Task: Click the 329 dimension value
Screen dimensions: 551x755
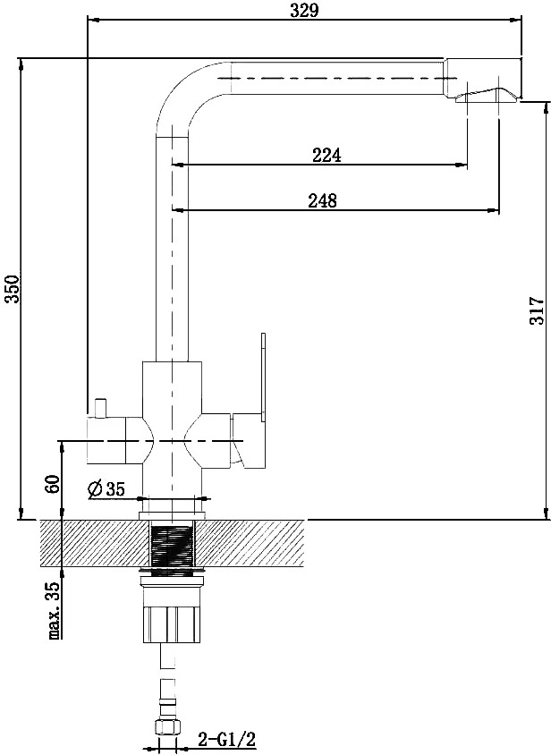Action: (304, 10)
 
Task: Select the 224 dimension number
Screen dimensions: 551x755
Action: (326, 155)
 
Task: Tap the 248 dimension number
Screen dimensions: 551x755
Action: (323, 199)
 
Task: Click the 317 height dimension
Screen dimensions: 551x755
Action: (537, 310)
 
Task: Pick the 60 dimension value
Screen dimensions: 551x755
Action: (52, 484)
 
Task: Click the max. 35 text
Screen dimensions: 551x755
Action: (54, 610)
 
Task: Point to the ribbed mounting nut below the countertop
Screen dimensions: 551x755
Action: (172, 624)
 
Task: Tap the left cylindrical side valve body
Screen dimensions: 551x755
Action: (106, 442)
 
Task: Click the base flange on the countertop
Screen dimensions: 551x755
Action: (172, 515)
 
